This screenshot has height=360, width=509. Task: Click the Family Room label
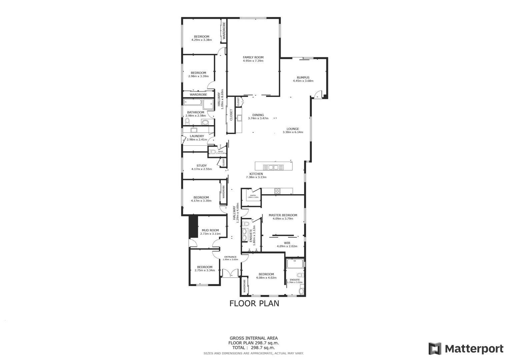click(253, 57)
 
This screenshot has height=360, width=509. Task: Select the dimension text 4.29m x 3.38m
click(201, 40)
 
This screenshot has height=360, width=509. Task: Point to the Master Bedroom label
click(283, 215)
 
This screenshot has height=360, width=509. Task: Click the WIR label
click(287, 243)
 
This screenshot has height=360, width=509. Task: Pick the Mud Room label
click(210, 230)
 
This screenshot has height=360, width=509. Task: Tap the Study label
click(201, 166)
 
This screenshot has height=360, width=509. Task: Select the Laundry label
click(197, 136)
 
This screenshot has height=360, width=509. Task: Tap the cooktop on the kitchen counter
click(277, 191)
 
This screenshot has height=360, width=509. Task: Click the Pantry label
click(253, 196)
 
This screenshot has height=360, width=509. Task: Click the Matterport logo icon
click(435, 349)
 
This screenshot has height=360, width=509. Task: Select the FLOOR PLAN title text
click(254, 303)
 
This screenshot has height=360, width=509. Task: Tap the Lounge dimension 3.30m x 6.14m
click(293, 132)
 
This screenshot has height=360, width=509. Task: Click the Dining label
click(258, 115)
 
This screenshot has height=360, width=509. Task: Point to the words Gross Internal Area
click(253, 338)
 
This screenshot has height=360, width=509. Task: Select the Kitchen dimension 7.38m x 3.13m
click(256, 177)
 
